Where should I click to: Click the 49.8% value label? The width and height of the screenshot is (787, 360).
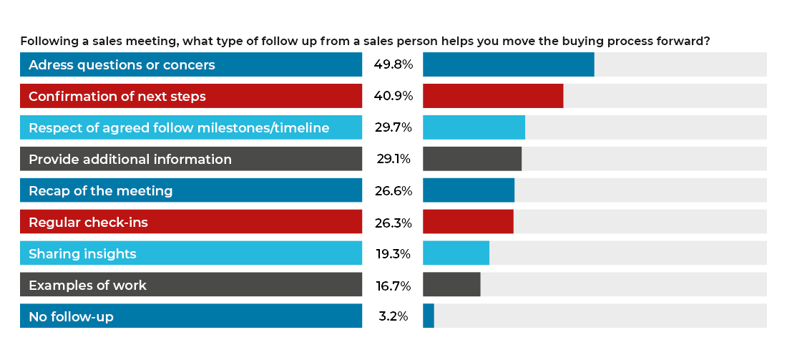point(393,64)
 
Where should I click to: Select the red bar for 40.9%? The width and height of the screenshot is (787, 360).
point(493,96)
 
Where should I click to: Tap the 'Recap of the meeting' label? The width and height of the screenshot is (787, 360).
point(101,190)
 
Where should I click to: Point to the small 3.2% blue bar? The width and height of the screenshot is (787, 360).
point(429,316)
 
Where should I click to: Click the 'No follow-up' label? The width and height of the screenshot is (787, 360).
point(71,316)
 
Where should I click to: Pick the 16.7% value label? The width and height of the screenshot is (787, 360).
point(393,286)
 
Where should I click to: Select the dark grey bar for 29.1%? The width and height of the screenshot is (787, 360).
point(472,159)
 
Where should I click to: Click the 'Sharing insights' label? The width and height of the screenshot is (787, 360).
point(82,253)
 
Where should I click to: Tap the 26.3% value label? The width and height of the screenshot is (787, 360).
point(393,223)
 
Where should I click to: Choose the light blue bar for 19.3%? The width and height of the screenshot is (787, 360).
point(456,253)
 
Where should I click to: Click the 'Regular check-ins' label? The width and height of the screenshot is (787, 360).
point(88,222)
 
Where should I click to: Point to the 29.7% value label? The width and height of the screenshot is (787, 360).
point(393,127)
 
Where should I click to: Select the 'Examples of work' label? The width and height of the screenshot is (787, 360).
point(87,285)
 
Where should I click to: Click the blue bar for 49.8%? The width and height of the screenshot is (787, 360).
point(508,64)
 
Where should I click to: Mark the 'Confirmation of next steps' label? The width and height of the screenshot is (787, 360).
point(117,96)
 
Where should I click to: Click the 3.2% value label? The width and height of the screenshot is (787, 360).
point(393,316)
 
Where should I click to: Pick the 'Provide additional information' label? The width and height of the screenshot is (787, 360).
point(130,159)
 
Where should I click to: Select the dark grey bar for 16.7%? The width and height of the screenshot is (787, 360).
point(451,285)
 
